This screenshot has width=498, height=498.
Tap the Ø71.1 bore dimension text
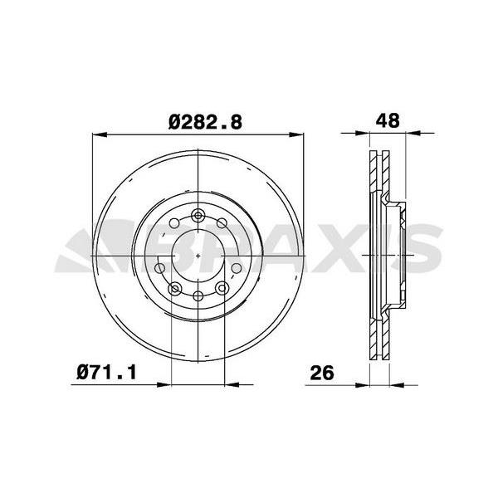tap(107, 373)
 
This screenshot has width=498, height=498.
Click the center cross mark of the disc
tap(199, 256)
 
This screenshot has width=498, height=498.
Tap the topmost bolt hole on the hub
tap(199, 217)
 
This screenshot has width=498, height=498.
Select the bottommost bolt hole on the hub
tap(199, 296)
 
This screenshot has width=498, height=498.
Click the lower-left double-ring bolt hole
tap(175, 288)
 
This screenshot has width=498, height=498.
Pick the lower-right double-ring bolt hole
tap(223, 288)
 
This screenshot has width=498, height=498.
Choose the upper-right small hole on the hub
tap(222, 224)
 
